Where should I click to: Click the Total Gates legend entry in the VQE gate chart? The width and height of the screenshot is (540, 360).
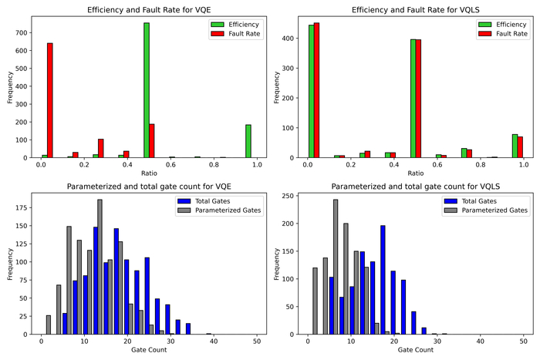click(x=218, y=200)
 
